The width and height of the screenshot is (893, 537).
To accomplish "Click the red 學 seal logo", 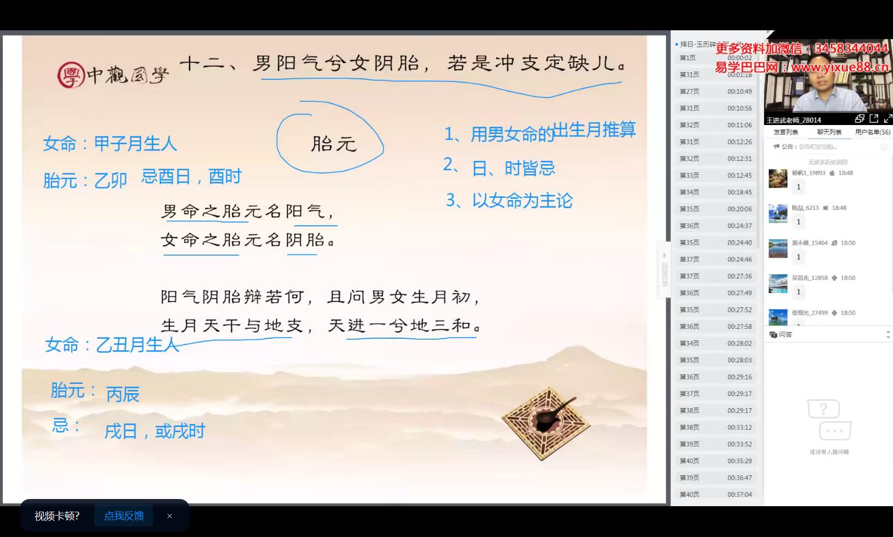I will (71, 74).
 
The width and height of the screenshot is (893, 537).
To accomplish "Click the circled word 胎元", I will (333, 144).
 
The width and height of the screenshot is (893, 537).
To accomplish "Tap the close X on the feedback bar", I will (170, 516).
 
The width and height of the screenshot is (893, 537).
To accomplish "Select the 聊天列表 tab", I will (829, 132).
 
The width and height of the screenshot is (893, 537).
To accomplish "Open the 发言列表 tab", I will (786, 132).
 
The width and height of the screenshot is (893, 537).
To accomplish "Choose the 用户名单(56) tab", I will (872, 132).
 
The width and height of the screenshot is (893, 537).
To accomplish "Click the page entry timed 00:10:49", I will (716, 91).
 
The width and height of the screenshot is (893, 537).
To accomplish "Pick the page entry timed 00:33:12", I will (716, 427).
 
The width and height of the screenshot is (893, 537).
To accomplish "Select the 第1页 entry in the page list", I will (716, 58).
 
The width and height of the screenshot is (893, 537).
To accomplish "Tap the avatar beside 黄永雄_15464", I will (778, 248).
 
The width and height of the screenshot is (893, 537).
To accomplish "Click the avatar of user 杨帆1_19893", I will (778, 178).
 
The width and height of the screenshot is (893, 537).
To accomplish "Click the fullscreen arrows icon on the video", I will (887, 118).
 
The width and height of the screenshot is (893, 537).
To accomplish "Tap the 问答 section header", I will (785, 334).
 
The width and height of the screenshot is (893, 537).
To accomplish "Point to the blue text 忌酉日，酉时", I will (191, 177).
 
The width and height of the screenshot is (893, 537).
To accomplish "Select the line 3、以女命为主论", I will (509, 200).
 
